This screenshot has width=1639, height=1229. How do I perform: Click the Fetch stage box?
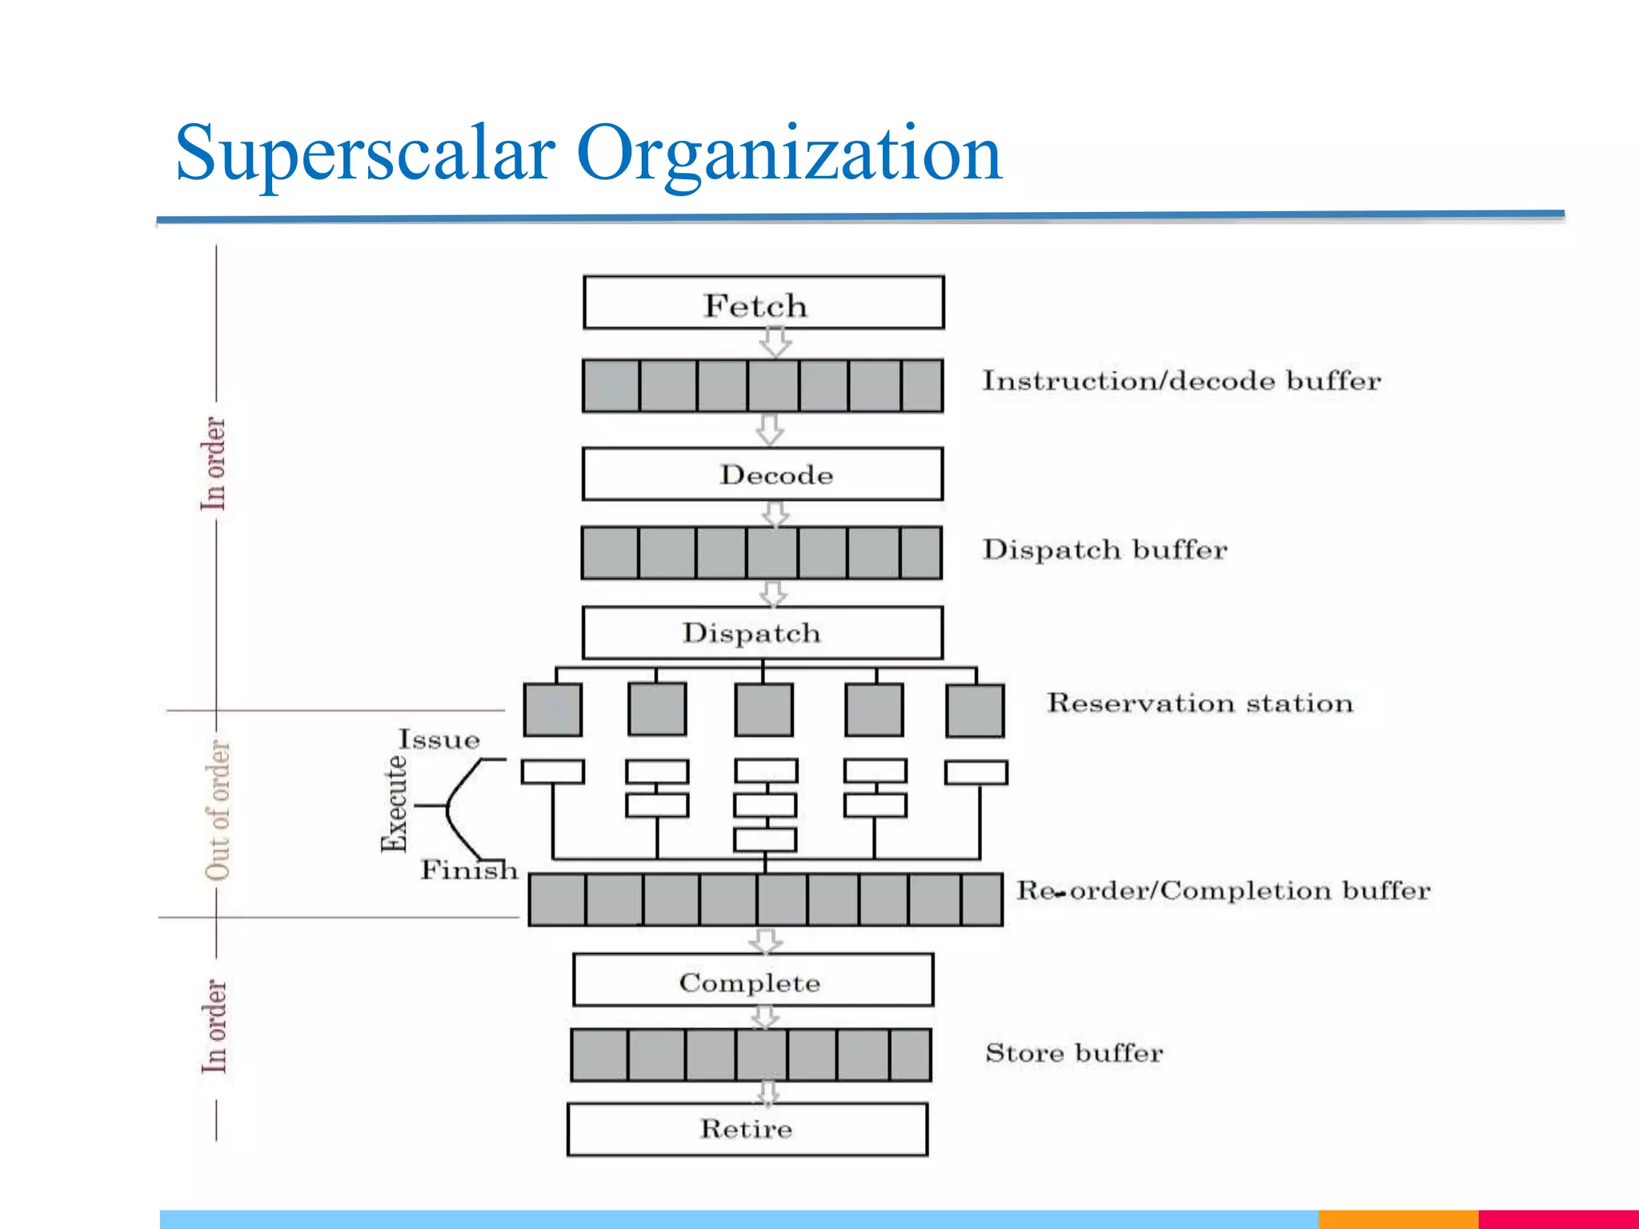coord(763,303)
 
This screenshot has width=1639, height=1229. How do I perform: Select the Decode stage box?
coord(763,474)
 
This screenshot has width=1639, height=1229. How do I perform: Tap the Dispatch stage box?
coord(763,633)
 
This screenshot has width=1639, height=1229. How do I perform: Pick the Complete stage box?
coord(753,981)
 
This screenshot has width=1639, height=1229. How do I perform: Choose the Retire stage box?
coord(747,1129)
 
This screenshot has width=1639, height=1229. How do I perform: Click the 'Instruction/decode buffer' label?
coord(1181,381)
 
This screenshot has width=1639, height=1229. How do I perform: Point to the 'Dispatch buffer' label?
coord(1104,550)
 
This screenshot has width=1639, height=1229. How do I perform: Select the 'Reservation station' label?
coord(1200,703)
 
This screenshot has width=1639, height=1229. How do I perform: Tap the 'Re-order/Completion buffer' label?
coord(1223,891)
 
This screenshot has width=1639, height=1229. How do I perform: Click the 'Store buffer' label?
coord(1074,1053)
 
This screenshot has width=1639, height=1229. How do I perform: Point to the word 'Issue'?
coord(439,739)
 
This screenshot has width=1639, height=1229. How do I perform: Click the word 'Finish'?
coord(470,870)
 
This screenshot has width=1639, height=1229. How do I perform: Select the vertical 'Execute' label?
coord(394,803)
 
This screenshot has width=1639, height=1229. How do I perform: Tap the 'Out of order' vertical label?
coord(218,810)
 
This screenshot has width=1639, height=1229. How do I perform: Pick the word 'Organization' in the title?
coord(788,154)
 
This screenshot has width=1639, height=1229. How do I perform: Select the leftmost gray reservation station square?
coord(553,710)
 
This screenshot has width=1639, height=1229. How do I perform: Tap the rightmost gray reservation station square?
coord(975,711)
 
